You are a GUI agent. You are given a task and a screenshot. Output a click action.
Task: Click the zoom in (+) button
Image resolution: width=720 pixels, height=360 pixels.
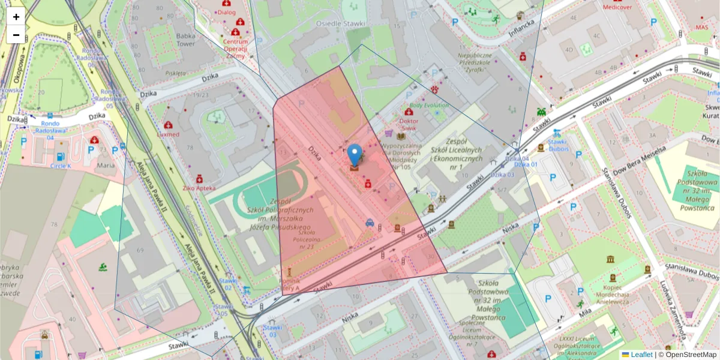[16, 17]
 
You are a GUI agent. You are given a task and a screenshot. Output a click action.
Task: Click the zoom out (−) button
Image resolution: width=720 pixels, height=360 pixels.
[16, 35]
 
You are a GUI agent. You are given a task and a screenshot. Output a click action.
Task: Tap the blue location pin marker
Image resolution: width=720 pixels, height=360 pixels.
[355, 155]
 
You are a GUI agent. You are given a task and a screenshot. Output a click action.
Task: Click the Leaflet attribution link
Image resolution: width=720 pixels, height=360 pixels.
[641, 355]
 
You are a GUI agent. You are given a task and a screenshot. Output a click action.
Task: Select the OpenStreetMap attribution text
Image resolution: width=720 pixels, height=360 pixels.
[687, 355]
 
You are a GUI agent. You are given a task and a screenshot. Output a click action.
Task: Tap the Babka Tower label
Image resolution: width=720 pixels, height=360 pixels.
[186, 39]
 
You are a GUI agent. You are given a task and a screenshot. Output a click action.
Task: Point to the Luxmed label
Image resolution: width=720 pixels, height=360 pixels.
[168, 134]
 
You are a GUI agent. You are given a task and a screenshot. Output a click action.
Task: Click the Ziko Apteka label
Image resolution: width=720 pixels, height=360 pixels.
[199, 188]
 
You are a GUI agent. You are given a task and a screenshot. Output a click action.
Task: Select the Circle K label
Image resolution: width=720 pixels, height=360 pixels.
[61, 165]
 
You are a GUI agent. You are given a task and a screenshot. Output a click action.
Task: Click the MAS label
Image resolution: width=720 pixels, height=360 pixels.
[701, 27]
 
